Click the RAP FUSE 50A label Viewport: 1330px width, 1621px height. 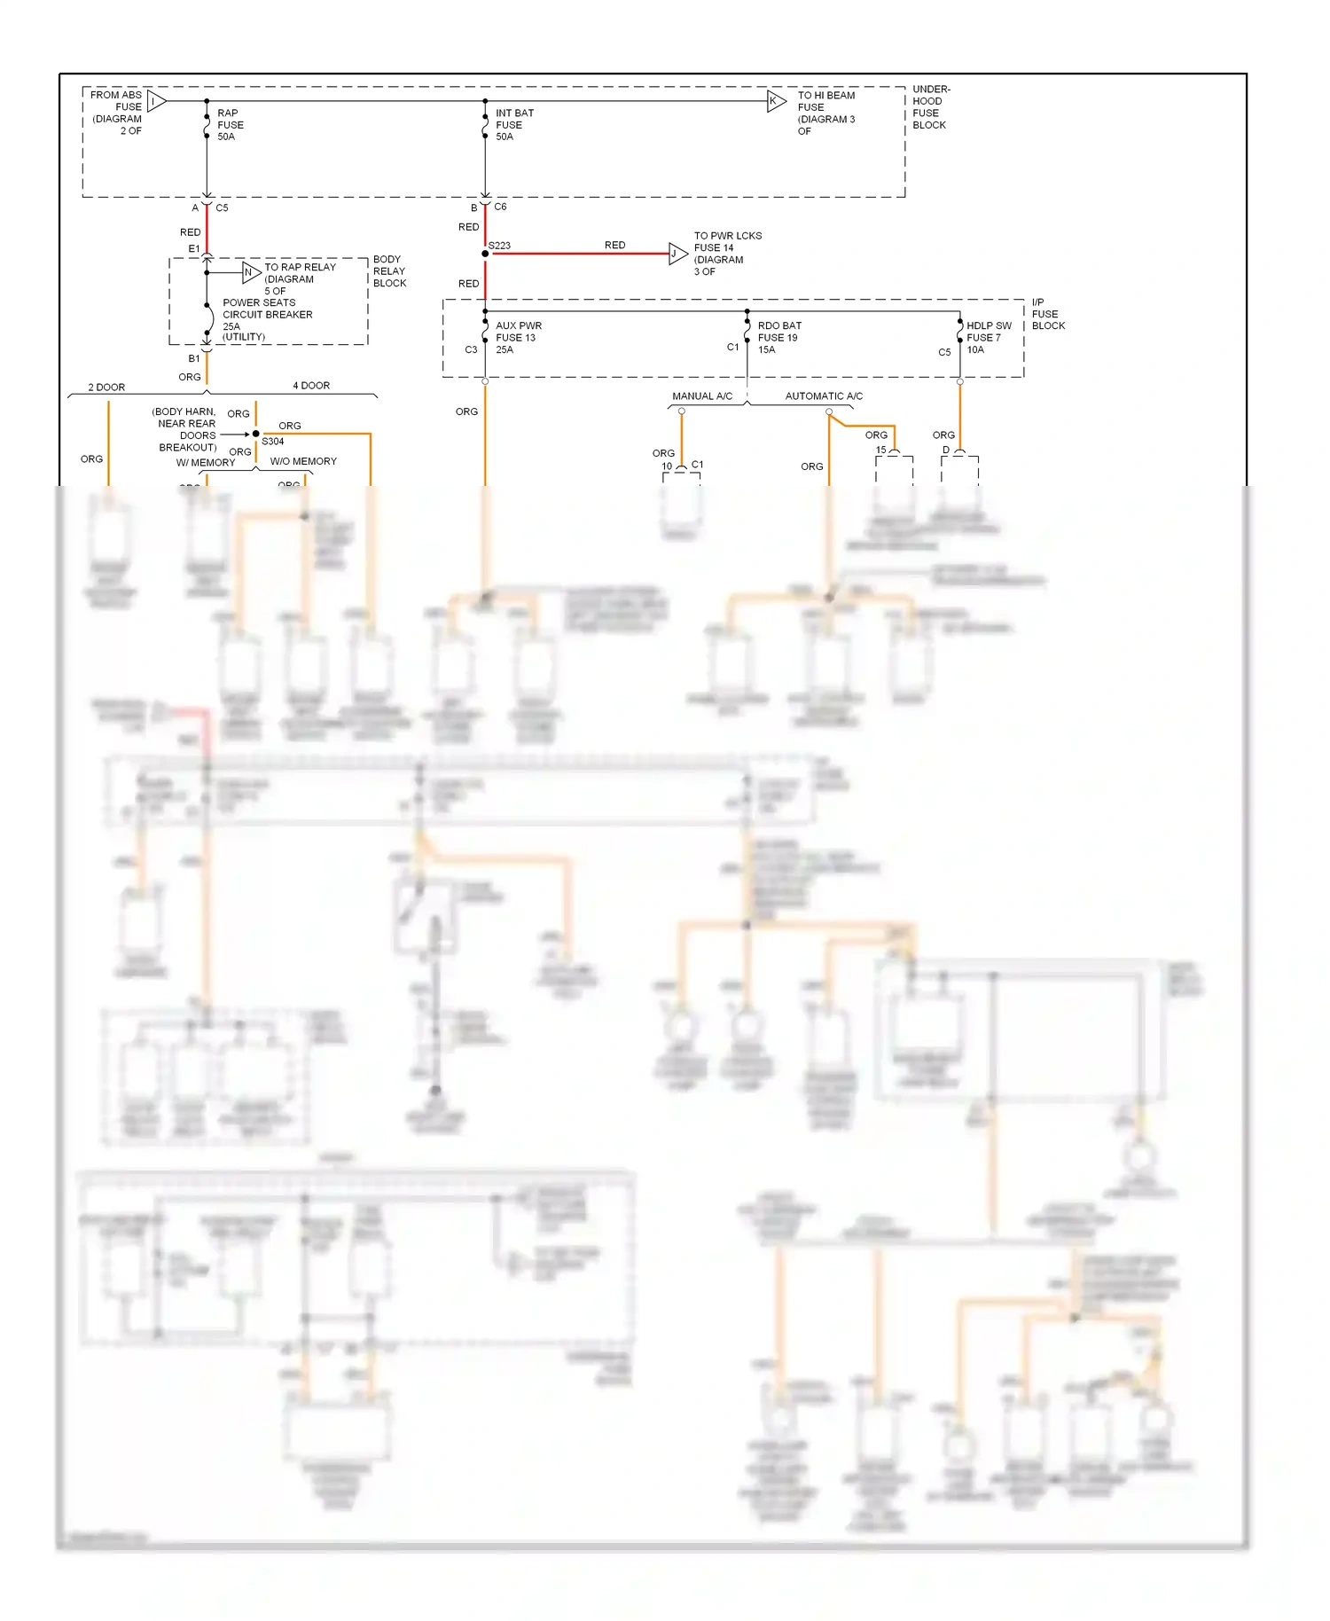(x=230, y=125)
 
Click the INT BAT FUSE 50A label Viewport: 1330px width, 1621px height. (x=513, y=125)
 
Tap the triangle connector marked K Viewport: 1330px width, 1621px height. (x=775, y=101)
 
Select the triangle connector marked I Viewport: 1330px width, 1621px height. (x=155, y=101)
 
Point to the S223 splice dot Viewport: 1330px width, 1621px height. (x=485, y=254)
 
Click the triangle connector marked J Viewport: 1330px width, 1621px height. (x=677, y=254)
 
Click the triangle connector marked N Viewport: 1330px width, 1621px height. (x=250, y=272)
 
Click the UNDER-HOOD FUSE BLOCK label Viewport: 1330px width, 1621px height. (x=930, y=107)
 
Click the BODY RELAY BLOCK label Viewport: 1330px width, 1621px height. (x=389, y=271)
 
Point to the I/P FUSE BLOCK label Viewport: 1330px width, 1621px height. (x=1047, y=314)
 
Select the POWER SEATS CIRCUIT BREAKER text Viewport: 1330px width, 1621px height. (x=266, y=309)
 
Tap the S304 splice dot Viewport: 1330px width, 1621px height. (x=256, y=434)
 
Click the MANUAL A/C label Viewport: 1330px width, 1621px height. (x=701, y=396)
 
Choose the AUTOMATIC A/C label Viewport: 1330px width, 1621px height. (x=823, y=396)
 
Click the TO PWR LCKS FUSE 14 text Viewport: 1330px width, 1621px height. (x=726, y=242)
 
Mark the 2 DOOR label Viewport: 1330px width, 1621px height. (x=106, y=388)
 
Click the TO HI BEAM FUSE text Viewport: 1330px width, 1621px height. (x=825, y=101)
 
